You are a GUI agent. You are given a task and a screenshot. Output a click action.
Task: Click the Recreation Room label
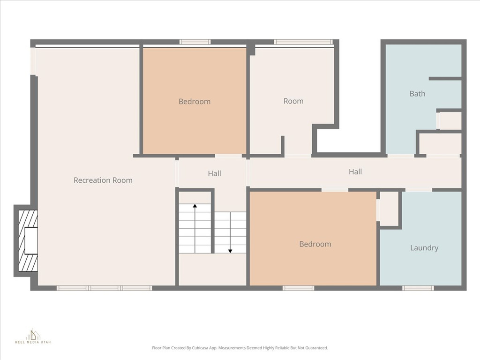pos(103,180)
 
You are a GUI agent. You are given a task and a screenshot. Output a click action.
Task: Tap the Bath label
pos(417,94)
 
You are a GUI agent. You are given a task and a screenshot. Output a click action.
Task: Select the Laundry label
pos(424,248)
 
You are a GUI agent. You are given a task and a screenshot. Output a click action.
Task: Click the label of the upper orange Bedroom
pos(195,102)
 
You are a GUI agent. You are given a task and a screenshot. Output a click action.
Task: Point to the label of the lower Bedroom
pos(315,244)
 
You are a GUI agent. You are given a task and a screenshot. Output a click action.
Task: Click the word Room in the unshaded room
pos(293,101)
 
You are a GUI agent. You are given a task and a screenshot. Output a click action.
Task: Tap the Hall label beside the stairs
pos(214,173)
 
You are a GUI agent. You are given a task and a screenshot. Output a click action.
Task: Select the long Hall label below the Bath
pos(355,172)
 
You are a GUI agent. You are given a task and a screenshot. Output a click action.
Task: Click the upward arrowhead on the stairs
pos(195,206)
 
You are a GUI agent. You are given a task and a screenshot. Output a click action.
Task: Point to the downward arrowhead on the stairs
pos(230,251)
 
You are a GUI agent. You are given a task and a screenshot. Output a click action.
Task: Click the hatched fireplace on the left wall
pos(28,240)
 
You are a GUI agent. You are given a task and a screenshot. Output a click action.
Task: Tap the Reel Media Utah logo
pos(33,336)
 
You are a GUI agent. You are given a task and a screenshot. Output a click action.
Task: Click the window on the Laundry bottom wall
pos(418,288)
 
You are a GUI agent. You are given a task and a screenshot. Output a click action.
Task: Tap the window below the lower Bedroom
pos(298,288)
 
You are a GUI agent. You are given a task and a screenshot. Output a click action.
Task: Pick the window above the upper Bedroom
pos(195,42)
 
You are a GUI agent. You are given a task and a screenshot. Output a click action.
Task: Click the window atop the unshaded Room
pos(303,42)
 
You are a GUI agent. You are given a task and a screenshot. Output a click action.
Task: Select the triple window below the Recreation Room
pos(104,288)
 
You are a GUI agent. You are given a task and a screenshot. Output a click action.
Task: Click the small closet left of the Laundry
pos(389,209)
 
